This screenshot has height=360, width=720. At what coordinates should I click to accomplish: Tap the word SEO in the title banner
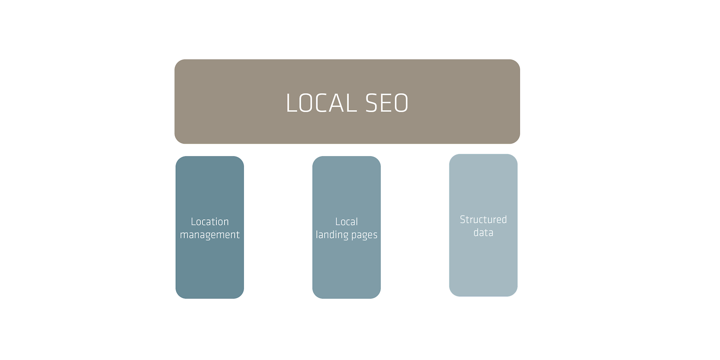pyautogui.click(x=387, y=103)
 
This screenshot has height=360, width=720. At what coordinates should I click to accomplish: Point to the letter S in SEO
pyautogui.click(x=371, y=103)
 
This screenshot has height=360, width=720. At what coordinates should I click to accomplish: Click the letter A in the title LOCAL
pyautogui.click(x=337, y=103)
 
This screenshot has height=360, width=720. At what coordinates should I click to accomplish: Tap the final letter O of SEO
pyautogui.click(x=401, y=103)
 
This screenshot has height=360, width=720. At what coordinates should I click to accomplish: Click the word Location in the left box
pyautogui.click(x=210, y=222)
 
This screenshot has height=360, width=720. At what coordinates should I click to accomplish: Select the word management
pyautogui.click(x=210, y=235)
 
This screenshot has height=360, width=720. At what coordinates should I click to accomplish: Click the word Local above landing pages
pyautogui.click(x=346, y=222)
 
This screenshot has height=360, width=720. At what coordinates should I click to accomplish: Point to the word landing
pyautogui.click(x=332, y=235)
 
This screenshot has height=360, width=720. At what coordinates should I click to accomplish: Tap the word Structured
pyautogui.click(x=483, y=219)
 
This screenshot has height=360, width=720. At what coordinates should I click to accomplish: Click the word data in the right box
pyautogui.click(x=483, y=233)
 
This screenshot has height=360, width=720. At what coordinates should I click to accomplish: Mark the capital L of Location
pyautogui.click(x=194, y=222)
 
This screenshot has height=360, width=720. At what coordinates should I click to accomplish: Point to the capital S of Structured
pyautogui.click(x=463, y=219)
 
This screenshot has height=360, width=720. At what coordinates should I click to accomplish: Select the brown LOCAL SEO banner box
pyautogui.click(x=347, y=102)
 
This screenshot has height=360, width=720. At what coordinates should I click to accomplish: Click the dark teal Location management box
pyautogui.click(x=210, y=227)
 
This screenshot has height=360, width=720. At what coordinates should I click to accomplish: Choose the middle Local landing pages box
pyautogui.click(x=346, y=227)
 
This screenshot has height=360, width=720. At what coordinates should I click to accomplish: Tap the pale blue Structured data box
pyautogui.click(x=483, y=225)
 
